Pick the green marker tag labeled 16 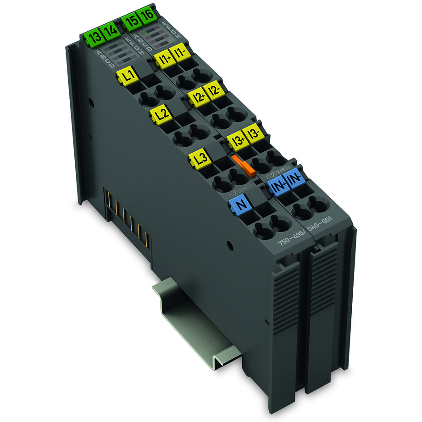[146, 16]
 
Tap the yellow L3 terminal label [199, 159]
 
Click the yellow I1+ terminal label [162, 58]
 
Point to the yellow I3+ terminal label [237, 139]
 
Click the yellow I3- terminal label [253, 133]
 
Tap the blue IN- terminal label [294, 180]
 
